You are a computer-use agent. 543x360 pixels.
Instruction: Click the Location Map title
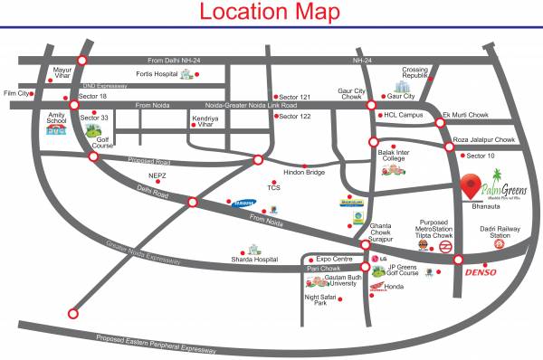click(270, 13)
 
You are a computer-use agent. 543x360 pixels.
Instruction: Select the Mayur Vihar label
click(62, 72)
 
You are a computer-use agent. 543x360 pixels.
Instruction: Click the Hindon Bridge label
click(304, 172)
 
